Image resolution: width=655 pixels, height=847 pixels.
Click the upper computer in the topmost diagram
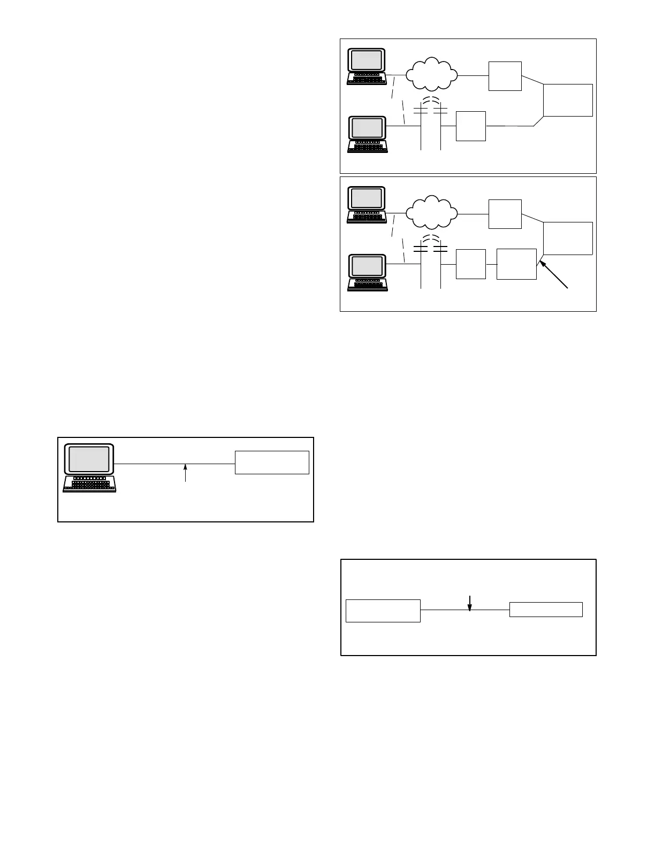point(367,66)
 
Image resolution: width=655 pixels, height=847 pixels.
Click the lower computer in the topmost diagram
point(367,134)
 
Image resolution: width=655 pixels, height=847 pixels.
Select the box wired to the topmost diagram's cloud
point(505,76)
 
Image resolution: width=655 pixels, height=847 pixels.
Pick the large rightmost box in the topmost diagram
point(568,100)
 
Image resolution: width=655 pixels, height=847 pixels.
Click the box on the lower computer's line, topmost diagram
point(471,126)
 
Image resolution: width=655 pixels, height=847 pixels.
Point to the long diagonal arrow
point(553,274)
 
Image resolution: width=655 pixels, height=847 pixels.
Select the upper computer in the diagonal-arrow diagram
point(367,204)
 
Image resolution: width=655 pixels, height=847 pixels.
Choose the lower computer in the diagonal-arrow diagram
point(367,272)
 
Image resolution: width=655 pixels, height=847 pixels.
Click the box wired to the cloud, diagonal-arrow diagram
point(505,214)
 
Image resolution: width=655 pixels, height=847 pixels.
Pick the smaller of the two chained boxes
point(471,264)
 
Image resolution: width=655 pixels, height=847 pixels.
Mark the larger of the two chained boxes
point(516,264)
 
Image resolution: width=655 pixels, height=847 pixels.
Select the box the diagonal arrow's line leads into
point(568,238)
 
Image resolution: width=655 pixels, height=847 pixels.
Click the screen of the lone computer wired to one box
point(89,459)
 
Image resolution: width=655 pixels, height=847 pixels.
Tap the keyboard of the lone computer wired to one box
point(89,484)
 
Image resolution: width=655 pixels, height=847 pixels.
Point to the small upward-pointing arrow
point(185,473)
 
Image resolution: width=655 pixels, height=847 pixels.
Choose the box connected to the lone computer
point(272,463)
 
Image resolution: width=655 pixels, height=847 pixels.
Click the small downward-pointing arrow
point(469,603)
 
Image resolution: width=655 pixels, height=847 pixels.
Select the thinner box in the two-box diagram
point(546,610)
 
